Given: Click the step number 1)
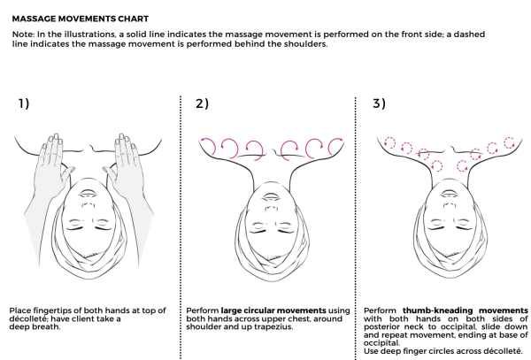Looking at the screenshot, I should click(x=21, y=103).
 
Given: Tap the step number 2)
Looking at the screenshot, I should click(x=202, y=103).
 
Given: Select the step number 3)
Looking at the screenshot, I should click(x=379, y=103).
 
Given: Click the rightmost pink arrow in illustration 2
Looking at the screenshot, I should click(x=335, y=144).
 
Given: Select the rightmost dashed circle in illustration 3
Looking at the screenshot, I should click(x=508, y=142).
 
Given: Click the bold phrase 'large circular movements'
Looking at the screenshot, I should click(x=262, y=310).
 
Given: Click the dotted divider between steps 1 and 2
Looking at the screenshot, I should click(x=180, y=221).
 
